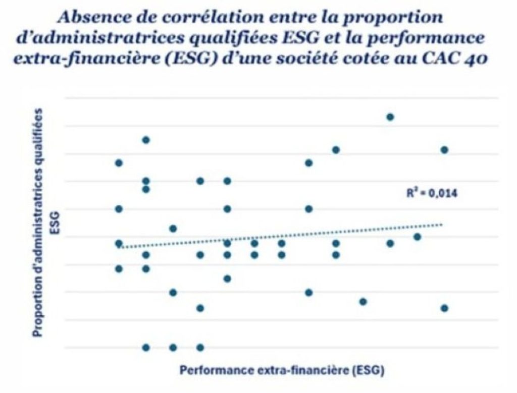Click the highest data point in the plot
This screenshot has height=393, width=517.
(390, 117)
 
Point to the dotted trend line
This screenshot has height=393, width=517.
(283, 236)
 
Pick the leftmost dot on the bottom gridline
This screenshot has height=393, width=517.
(146, 347)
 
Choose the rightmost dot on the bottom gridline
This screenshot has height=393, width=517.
(200, 347)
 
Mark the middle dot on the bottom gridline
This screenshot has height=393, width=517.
(173, 347)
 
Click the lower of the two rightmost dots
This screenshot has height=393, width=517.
(444, 308)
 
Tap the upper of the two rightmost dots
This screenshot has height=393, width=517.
(444, 150)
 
